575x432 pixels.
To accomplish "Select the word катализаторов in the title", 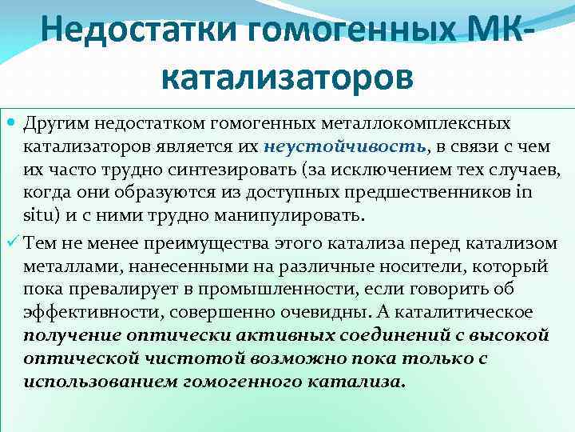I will [x=287, y=78].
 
